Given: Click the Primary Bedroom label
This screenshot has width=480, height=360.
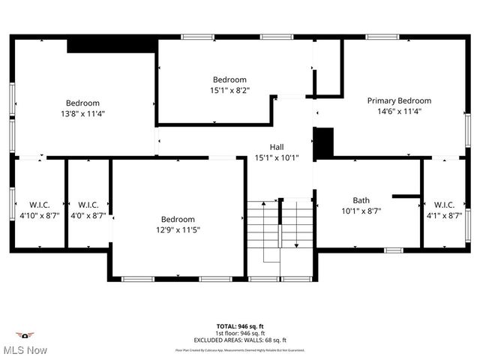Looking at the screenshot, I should pyautogui.click(x=398, y=100).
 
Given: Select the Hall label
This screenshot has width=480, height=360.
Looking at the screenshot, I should pyautogui.click(x=277, y=147).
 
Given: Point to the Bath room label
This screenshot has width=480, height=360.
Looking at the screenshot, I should pyautogui.click(x=361, y=200).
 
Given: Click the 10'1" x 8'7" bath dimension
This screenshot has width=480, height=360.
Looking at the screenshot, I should pyautogui.click(x=361, y=211).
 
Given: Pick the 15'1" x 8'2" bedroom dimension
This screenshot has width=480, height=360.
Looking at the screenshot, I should pyautogui.click(x=229, y=90).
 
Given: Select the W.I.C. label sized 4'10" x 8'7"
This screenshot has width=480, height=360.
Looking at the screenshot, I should pyautogui.click(x=40, y=204).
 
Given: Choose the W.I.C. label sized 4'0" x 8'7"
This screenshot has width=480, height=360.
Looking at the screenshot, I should pyautogui.click(x=88, y=204).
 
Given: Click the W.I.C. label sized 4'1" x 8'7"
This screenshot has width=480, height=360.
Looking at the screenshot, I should pyautogui.click(x=444, y=204).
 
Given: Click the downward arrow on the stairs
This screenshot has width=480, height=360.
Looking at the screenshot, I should pyautogui.click(x=296, y=245).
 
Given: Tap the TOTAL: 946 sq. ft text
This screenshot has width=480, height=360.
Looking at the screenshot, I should pyautogui.click(x=240, y=326).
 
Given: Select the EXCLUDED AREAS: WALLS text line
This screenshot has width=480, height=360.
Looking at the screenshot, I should pyautogui.click(x=240, y=340).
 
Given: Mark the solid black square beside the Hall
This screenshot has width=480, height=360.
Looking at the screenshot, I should pyautogui.click(x=322, y=142).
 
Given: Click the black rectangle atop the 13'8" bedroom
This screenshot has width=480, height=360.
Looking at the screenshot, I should pyautogui.click(x=112, y=45).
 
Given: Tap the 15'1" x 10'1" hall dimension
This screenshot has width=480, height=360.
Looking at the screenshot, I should pyautogui.click(x=277, y=157).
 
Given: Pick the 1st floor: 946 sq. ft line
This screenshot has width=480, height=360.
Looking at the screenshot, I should pyautogui.click(x=240, y=333).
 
